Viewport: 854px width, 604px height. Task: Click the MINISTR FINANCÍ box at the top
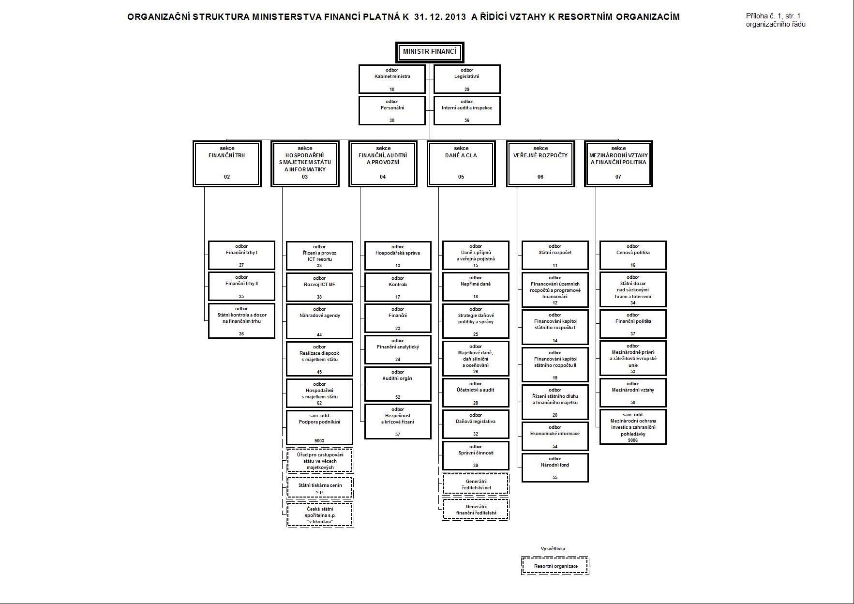point(430,52)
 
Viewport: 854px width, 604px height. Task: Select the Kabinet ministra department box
point(392,79)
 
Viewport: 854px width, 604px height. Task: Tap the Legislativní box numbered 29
point(467,79)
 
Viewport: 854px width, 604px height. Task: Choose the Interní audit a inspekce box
point(467,110)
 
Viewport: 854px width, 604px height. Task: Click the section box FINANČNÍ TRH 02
point(227,164)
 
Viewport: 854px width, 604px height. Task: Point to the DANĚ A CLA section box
point(461,164)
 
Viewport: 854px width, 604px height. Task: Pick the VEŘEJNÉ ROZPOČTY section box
point(540,164)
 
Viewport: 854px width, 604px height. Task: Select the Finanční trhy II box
point(241,287)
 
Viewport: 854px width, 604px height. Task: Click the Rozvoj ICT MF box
point(319,287)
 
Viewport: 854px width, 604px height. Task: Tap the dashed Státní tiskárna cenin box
point(320,488)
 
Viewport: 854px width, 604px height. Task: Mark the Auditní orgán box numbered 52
point(398,385)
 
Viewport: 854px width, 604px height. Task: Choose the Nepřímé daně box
point(476,287)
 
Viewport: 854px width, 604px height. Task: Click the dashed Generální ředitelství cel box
point(476,484)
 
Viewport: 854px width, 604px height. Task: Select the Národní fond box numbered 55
point(555,468)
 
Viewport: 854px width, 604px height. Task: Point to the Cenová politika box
point(633,255)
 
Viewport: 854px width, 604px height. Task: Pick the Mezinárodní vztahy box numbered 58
point(633,392)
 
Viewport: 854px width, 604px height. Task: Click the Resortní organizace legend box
point(555,566)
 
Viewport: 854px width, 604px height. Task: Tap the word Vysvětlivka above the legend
point(554,549)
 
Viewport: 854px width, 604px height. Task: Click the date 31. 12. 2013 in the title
point(440,17)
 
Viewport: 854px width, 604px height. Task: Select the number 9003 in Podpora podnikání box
point(319,440)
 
